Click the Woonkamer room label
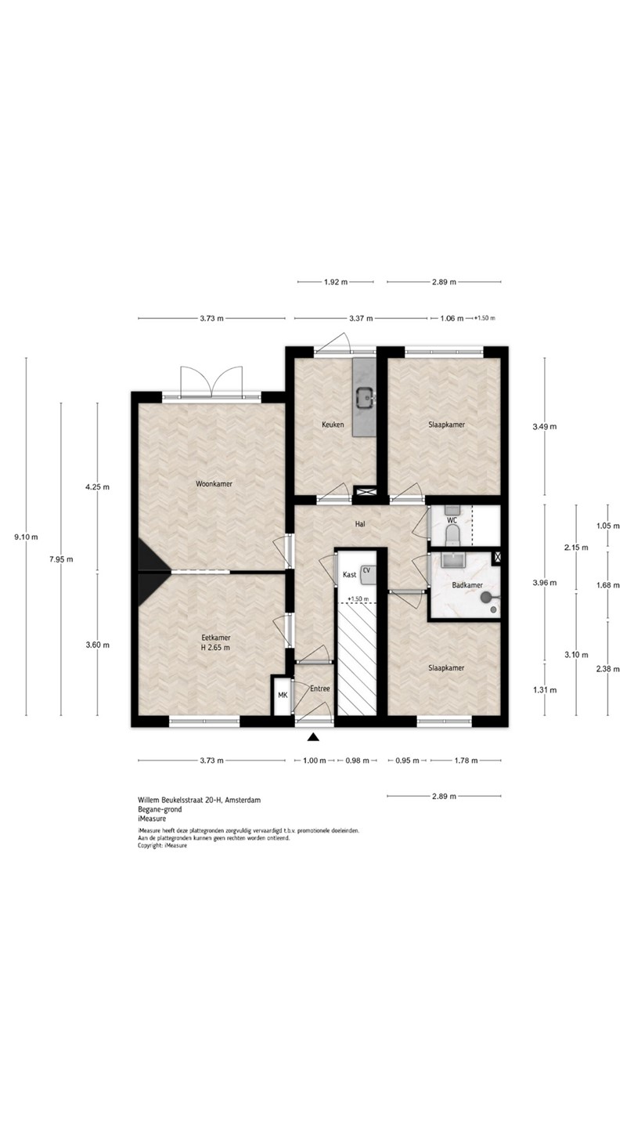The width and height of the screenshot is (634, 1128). click(214, 484)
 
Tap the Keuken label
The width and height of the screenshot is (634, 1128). click(333, 425)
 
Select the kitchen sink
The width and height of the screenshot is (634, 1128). click(364, 397)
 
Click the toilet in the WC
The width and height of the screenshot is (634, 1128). click(453, 535)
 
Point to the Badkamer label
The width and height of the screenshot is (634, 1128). click(467, 585)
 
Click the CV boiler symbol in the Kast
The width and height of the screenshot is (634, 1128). click(369, 574)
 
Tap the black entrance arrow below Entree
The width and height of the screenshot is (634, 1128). click(313, 738)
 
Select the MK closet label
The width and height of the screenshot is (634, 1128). click(283, 696)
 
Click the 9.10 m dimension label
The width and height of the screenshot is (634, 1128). click(26, 537)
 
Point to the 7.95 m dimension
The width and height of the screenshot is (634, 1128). click(61, 559)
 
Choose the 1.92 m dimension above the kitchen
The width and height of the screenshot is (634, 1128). click(336, 282)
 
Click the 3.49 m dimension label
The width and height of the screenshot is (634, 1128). click(545, 426)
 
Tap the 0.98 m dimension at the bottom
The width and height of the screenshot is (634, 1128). click(357, 761)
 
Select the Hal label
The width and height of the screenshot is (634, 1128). click(360, 524)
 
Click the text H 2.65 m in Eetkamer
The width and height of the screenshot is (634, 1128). click(215, 648)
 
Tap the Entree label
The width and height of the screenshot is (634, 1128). click(320, 689)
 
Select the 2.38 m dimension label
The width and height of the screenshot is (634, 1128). click(607, 669)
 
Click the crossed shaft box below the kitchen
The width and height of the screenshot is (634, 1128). click(364, 491)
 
